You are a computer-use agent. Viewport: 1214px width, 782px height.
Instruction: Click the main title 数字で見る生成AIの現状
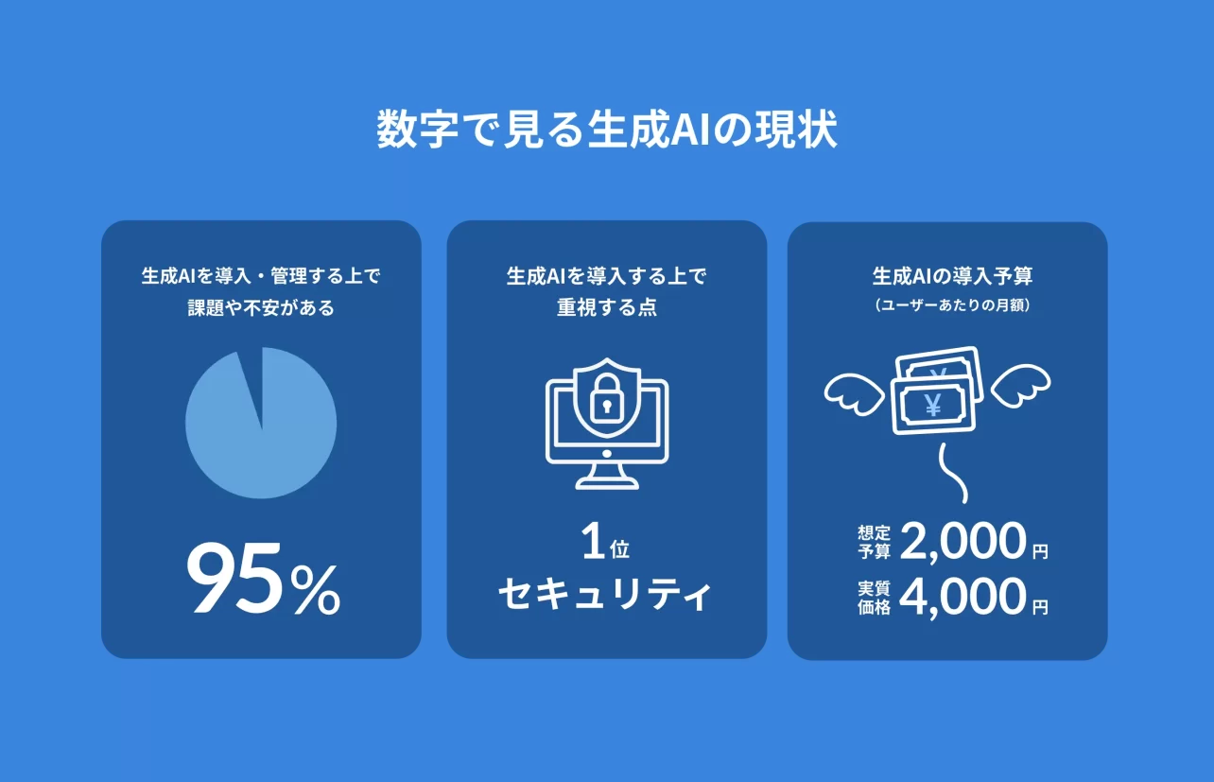606,130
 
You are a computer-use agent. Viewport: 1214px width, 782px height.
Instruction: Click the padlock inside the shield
606,402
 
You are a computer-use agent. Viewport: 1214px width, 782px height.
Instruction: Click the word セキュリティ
605,595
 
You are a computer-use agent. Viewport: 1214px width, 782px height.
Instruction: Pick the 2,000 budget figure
963,543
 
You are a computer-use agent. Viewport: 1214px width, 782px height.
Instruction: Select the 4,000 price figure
963,598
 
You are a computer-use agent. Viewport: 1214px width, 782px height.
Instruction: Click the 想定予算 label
874,543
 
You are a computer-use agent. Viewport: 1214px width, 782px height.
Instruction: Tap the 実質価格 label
874,598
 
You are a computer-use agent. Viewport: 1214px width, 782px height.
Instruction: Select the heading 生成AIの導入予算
952,277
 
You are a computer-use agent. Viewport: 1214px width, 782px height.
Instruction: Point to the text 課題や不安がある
261,308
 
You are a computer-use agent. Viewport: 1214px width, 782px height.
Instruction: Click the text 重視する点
606,308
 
